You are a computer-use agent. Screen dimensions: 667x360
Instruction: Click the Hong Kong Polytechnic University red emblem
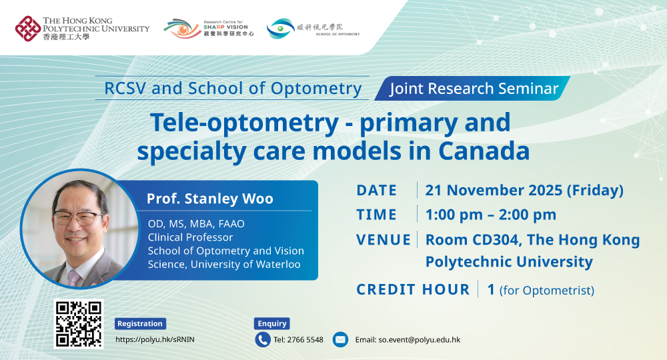click(x=28, y=29)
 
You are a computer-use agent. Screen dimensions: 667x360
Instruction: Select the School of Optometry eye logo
click(x=281, y=28)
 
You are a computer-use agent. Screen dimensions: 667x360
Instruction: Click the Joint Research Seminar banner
click(x=473, y=89)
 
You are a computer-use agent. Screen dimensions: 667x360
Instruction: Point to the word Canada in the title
click(x=484, y=151)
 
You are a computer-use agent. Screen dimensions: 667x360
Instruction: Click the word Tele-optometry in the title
click(x=245, y=123)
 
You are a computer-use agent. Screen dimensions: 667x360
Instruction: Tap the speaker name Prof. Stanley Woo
click(x=209, y=199)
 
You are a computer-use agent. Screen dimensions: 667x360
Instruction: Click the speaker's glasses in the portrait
click(x=77, y=218)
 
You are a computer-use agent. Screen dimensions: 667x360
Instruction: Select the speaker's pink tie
click(x=74, y=277)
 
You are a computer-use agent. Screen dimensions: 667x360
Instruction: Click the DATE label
click(x=376, y=190)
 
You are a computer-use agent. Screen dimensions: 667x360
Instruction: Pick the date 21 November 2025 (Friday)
click(x=524, y=190)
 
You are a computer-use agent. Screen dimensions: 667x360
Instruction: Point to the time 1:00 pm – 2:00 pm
click(x=491, y=215)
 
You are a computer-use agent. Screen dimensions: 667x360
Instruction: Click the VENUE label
click(x=384, y=240)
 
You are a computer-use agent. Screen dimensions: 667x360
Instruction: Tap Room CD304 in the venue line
click(x=472, y=240)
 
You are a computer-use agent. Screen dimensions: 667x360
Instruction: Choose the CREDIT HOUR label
click(x=413, y=289)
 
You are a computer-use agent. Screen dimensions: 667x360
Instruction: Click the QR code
click(x=79, y=324)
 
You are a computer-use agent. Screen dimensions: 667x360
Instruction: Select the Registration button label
click(x=140, y=323)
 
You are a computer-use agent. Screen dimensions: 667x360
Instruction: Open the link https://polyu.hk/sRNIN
click(x=155, y=339)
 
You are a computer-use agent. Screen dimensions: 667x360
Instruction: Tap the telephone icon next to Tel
click(x=263, y=339)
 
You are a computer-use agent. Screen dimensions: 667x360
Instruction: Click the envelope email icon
click(x=340, y=339)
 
